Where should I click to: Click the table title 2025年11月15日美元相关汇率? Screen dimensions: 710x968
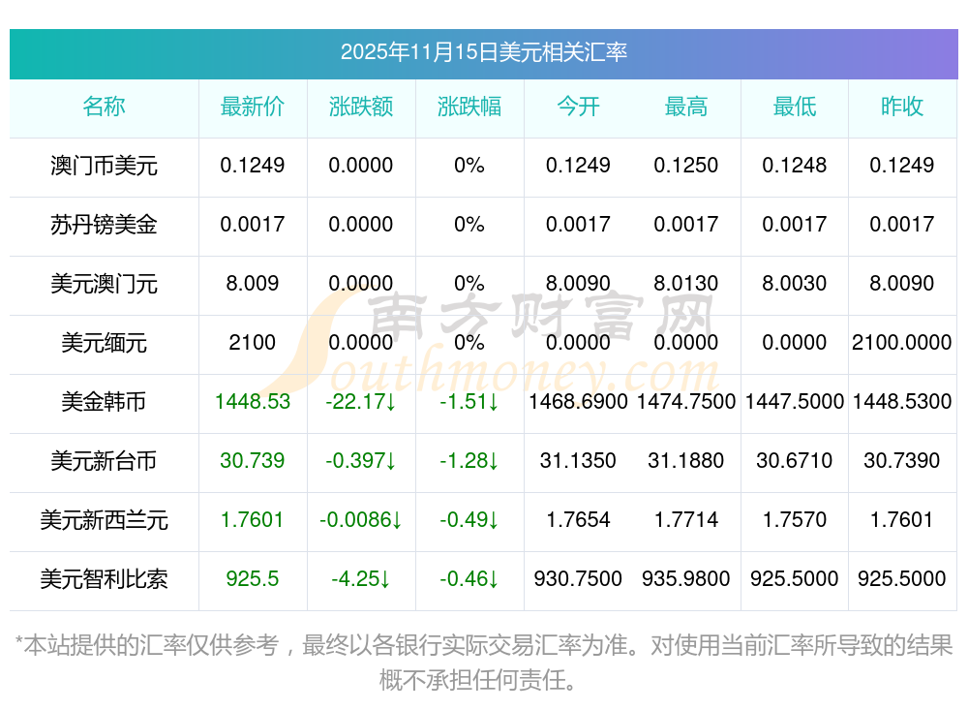coord(483,52)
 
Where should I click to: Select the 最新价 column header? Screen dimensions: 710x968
coord(253,108)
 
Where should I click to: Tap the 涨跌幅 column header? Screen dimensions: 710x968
coord(469,108)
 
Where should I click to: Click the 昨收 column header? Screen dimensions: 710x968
coord(902,108)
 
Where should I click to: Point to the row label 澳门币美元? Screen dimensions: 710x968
coord(104,166)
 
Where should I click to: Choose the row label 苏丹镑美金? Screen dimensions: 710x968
coord(104,225)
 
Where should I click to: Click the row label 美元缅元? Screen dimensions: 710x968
coord(104,343)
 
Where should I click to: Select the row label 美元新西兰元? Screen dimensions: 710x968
coord(104,520)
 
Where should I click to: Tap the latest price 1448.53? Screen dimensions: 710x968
coord(253,402)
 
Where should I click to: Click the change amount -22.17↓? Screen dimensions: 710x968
coord(361,402)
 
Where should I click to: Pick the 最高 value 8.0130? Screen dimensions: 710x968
coord(686,284)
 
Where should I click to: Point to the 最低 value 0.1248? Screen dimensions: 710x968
coord(795,166)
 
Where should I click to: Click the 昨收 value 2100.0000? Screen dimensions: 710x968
coord(902,343)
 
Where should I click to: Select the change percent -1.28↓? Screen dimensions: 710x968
coord(469,461)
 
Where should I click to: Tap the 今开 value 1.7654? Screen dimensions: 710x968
coord(578,520)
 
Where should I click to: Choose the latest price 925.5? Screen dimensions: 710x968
coord(253,579)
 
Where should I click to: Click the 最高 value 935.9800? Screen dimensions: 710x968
coord(686,579)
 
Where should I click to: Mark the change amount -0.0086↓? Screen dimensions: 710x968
coord(361,520)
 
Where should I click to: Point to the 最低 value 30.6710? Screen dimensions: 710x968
coord(795,461)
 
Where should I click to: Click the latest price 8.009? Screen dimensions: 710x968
coord(253,284)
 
